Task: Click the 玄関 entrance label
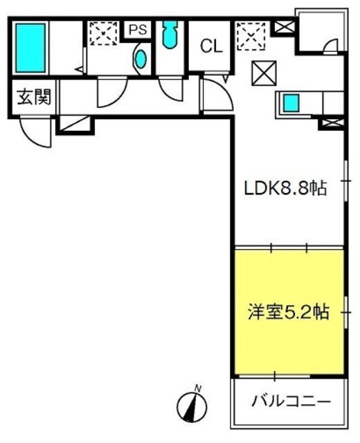point(34,97)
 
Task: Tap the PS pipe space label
point(138,30)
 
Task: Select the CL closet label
point(211,46)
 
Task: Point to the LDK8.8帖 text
point(285,188)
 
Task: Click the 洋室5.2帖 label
point(288,312)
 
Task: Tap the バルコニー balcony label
point(291,401)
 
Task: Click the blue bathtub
point(30,48)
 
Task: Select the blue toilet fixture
point(170,35)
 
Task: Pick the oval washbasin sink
point(141,60)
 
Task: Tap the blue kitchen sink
point(291,103)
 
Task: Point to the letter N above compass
point(199,388)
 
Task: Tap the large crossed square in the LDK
point(264,73)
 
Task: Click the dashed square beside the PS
point(103,33)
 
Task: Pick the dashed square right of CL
point(251,37)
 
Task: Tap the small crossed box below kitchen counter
point(332,123)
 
